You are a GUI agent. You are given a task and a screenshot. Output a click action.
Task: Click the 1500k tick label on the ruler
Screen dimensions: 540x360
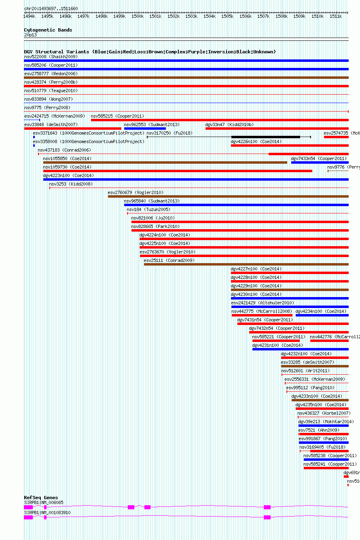(x=137, y=16)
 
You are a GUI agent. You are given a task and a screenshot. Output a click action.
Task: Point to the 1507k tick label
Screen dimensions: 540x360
(x=263, y=16)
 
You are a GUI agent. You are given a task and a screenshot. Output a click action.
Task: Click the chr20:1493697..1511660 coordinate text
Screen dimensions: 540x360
(x=51, y=8)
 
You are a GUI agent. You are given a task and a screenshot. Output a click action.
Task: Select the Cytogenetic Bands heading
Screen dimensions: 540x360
(x=48, y=30)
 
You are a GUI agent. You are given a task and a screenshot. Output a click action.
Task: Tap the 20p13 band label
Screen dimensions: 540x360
(x=30, y=35)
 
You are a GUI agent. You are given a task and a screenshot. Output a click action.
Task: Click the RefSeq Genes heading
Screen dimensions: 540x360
(x=41, y=498)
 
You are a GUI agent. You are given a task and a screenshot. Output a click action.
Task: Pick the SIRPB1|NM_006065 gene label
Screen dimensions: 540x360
(x=44, y=502)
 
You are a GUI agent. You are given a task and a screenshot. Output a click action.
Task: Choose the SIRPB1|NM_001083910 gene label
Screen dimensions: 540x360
(x=47, y=513)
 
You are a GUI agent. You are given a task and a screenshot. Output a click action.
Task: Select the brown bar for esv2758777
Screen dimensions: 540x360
(x=186, y=78)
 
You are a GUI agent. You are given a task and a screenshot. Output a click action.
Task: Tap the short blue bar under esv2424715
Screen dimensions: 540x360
(x=32, y=120)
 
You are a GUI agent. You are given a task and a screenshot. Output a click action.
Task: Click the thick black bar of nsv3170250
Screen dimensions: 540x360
(x=265, y=137)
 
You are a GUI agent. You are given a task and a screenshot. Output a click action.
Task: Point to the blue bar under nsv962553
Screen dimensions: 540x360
(x=145, y=129)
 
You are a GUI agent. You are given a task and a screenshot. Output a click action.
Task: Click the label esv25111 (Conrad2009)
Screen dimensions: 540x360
(x=169, y=260)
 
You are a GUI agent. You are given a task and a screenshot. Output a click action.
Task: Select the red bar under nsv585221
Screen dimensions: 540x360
(x=270, y=341)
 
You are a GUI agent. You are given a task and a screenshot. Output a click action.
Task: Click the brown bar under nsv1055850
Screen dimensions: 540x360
(x=165, y=162)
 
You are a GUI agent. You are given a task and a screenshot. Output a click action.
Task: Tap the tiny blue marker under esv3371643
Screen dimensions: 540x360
(x=34, y=137)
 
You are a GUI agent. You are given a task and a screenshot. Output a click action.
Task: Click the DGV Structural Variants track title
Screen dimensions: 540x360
(x=150, y=52)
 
